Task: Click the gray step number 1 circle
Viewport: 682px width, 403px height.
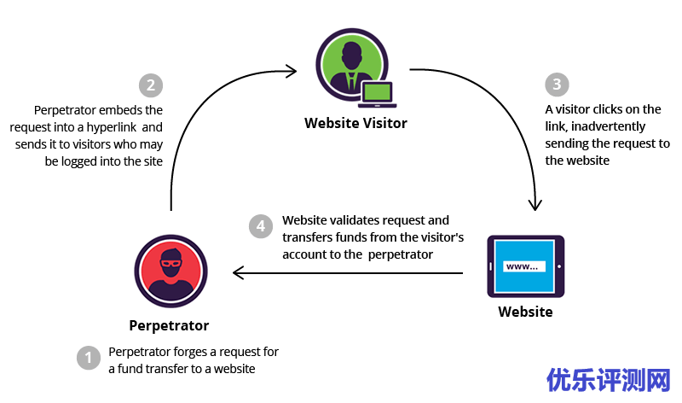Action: [89, 358]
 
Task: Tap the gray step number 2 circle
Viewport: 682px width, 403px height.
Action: [150, 85]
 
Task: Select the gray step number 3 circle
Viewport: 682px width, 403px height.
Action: [557, 85]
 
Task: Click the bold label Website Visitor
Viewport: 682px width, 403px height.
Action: [355, 123]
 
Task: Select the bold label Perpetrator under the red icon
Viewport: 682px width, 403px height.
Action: [169, 325]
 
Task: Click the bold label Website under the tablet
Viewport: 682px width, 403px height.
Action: [525, 312]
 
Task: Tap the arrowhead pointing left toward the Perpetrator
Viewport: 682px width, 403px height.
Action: [240, 273]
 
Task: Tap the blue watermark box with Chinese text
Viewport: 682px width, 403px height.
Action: [609, 378]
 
